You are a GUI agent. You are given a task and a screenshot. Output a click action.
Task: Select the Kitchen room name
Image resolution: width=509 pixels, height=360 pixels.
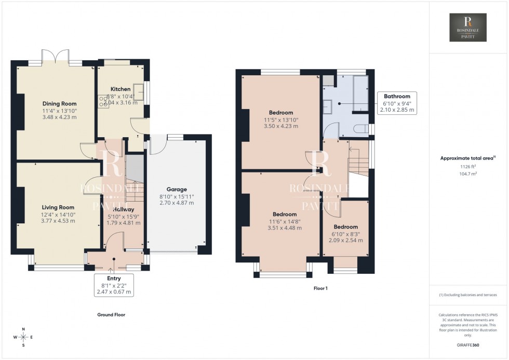pyautogui.click(x=120, y=89)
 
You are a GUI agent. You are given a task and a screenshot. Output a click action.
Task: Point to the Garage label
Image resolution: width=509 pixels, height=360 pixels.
pyautogui.click(x=176, y=190)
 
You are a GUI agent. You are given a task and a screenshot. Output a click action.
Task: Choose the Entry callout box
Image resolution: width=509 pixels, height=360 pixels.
pyautogui.click(x=113, y=285)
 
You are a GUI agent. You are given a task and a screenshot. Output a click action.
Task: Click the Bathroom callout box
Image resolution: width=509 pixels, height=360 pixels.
pyautogui.click(x=397, y=103)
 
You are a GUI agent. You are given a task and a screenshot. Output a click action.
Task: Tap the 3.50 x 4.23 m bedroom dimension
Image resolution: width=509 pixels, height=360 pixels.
pyautogui.click(x=281, y=126)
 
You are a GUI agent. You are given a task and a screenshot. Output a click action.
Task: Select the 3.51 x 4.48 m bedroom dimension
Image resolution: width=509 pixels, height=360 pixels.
pyautogui.click(x=284, y=228)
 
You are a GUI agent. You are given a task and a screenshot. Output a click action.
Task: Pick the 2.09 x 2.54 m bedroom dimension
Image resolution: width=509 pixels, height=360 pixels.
pyautogui.click(x=345, y=240)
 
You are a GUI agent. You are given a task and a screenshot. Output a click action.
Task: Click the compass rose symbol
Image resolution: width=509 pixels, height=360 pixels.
pyautogui.click(x=24, y=337)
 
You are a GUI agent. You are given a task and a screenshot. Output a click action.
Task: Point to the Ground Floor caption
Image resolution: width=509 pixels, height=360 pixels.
pyautogui.click(x=111, y=315)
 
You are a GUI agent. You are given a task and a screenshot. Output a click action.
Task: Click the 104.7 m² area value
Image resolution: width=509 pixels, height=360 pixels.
pyautogui.click(x=468, y=174)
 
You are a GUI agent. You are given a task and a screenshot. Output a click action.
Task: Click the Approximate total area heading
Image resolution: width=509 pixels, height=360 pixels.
pyautogui.click(x=468, y=158)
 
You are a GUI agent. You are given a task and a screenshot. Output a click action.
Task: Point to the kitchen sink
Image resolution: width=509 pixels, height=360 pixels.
pyautogui.click(x=139, y=89)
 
